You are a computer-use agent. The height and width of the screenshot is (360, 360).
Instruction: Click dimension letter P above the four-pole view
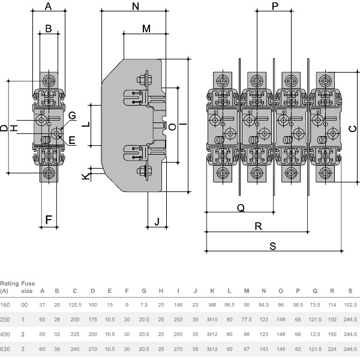(275, 6)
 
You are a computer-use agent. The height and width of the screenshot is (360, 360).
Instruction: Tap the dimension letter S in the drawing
(272, 245)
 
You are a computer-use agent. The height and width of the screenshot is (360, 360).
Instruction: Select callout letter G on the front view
(71, 115)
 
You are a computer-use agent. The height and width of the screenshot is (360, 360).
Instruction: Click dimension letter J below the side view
(157, 221)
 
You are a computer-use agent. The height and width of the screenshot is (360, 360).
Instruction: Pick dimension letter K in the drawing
(86, 176)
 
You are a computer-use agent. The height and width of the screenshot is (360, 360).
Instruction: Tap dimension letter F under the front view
(49, 220)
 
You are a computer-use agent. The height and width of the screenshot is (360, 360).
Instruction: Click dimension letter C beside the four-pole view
(353, 128)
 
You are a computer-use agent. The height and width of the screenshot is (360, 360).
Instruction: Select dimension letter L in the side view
(85, 124)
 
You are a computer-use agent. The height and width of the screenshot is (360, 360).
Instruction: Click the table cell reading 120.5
(75, 305)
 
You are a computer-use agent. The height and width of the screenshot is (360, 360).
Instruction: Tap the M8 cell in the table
(212, 305)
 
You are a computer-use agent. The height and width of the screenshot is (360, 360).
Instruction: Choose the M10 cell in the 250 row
(212, 320)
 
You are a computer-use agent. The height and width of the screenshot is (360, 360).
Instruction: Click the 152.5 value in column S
(350, 305)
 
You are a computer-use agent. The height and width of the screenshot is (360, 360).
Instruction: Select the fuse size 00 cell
(25, 305)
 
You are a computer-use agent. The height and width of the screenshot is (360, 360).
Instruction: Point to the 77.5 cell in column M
(246, 320)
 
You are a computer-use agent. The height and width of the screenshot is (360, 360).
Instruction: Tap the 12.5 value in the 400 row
(315, 334)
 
